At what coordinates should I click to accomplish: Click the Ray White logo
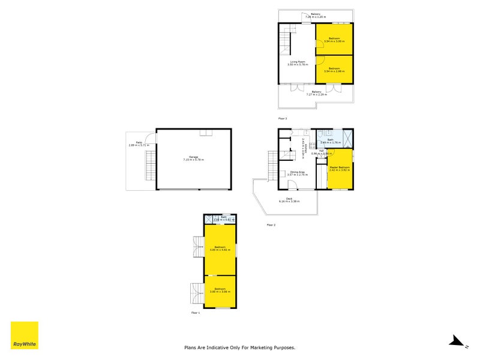click(x=25, y=335)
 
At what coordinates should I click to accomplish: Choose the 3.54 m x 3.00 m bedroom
click(x=334, y=40)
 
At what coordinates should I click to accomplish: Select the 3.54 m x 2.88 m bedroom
click(x=334, y=70)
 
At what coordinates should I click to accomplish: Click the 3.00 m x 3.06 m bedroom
click(x=220, y=292)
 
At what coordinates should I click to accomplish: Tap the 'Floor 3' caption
click(x=283, y=119)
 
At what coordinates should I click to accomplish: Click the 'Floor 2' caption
click(x=271, y=225)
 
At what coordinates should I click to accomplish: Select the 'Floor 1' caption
click(x=196, y=313)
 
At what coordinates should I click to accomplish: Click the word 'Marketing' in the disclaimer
click(x=265, y=347)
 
